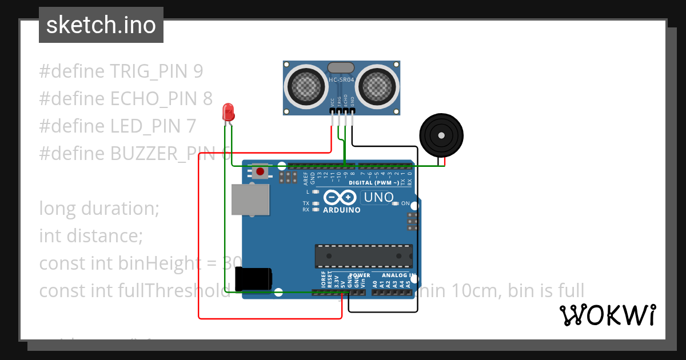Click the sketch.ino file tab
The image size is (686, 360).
coord(101,25)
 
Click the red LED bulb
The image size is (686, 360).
coord(228,111)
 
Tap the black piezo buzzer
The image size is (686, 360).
coord(441,135)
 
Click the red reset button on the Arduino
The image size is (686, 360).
coord(260,171)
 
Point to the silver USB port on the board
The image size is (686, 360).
coord(250,199)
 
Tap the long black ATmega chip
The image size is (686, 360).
coord(364,256)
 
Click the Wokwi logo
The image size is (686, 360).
coord(607,315)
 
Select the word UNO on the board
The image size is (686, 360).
coord(377,198)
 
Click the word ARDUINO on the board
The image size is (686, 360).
coord(341,210)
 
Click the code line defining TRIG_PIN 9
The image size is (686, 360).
coord(121,71)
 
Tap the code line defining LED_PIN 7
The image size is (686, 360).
coord(118,126)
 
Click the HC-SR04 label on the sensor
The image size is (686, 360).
coord(342,79)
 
